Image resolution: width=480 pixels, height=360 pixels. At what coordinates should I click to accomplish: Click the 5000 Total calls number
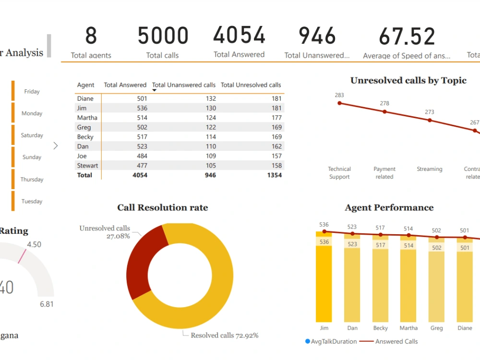click(163, 36)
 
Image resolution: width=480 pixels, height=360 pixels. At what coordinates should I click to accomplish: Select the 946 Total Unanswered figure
click(317, 36)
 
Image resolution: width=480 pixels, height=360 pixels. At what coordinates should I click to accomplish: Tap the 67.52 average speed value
click(407, 37)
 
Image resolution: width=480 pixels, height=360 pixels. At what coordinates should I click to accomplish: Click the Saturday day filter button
click(32, 135)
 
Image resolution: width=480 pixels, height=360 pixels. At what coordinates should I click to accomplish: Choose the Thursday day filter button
click(32, 180)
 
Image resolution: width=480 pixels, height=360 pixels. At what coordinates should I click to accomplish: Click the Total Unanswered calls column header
click(184, 85)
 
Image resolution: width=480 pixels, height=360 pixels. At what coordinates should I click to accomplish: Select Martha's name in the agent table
click(87, 118)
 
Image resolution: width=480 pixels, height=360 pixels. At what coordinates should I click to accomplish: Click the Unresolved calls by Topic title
click(408, 81)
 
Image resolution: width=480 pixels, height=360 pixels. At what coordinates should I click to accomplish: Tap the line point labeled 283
click(340, 103)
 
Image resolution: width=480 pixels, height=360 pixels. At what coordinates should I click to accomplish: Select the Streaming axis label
click(429, 169)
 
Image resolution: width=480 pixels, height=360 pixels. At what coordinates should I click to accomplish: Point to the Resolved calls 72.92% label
click(224, 336)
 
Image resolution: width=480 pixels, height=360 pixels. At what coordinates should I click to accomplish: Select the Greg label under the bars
click(436, 328)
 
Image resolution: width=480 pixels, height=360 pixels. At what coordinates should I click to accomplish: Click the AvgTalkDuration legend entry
click(331, 342)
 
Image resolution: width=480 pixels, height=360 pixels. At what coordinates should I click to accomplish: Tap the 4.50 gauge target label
click(34, 244)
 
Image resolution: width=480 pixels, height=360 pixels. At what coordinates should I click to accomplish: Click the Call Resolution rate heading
click(162, 208)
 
